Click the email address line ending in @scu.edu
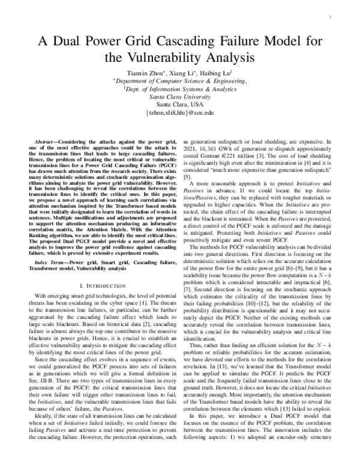(180, 112)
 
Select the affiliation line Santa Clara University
(180, 95)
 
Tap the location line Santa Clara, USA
(180, 104)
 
